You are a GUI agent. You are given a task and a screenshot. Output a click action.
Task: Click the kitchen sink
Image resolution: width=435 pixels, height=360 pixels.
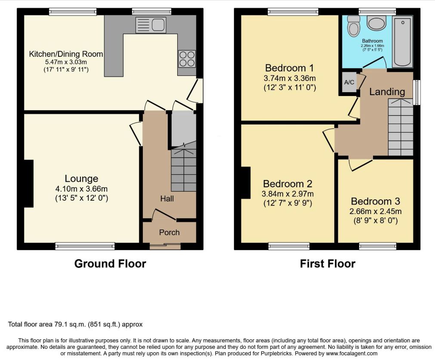coord(151,25)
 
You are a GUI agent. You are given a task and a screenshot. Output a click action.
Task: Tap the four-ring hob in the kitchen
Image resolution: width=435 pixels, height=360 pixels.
coord(187,59)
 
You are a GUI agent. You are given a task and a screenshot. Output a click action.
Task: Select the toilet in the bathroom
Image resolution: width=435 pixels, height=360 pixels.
coord(353,26)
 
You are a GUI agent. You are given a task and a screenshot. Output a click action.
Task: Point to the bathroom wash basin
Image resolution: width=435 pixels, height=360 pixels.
coord(376,23)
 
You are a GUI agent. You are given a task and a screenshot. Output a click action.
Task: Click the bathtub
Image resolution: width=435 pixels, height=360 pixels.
coord(403,41)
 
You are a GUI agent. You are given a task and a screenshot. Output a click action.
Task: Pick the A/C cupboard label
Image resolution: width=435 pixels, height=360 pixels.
coord(349,82)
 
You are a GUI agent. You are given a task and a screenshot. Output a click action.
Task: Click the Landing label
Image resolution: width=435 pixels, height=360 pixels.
coord(387,92)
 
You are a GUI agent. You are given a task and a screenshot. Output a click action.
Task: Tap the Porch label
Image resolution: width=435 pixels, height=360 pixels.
coord(169,233)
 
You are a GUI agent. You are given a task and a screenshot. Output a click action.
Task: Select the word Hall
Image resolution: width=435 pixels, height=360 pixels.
coord(167,199)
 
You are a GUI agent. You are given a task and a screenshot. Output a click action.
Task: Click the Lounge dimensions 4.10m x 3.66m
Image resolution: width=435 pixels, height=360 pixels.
coord(81,189)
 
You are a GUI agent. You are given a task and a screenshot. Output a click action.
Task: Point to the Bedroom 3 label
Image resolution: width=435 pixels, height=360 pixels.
coord(375,201)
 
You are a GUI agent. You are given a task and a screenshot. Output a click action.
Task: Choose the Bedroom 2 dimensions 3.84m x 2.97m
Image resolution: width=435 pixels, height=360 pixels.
coord(288,194)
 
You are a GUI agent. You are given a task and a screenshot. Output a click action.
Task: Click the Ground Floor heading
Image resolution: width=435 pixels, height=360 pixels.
coord(110,264)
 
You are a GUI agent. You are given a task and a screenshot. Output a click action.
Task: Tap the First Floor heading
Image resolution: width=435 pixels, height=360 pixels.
coord(327,264)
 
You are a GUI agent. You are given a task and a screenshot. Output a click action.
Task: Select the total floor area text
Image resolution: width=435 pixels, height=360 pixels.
coord(75,324)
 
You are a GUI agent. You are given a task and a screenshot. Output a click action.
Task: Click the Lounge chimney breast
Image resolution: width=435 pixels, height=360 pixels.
coord(29,183)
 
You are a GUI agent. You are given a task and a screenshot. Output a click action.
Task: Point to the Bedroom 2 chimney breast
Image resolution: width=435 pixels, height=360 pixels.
coord(246,183)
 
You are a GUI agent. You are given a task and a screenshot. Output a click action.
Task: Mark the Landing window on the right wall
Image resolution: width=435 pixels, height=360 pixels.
coord(416,93)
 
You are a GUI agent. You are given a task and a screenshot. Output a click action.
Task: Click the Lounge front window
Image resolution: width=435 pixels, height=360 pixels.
coord(85,246)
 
